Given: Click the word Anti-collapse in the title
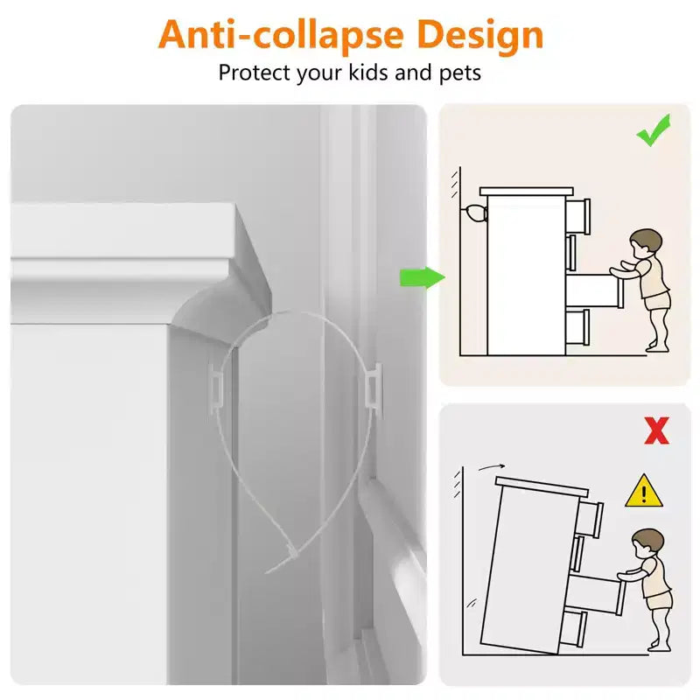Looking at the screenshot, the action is [x=281, y=35].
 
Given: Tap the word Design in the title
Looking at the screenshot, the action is [x=479, y=35].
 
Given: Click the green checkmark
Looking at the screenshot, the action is [x=653, y=130].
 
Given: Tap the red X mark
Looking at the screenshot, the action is [x=657, y=430].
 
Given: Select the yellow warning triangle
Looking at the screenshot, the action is [x=644, y=491].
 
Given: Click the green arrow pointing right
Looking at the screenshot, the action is [x=423, y=277].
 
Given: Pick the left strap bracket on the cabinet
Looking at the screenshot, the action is [x=215, y=385].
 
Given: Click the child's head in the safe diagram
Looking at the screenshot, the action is [x=645, y=243].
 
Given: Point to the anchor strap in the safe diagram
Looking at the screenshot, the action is [x=474, y=213].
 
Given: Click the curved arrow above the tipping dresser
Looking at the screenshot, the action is [x=492, y=467].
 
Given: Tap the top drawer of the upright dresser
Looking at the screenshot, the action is [x=578, y=216].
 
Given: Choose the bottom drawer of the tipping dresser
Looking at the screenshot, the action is [x=573, y=628].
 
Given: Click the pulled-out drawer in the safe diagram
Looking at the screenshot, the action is [x=594, y=290].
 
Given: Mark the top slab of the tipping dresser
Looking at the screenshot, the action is [x=542, y=486].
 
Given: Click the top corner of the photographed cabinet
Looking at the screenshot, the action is [x=234, y=205].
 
